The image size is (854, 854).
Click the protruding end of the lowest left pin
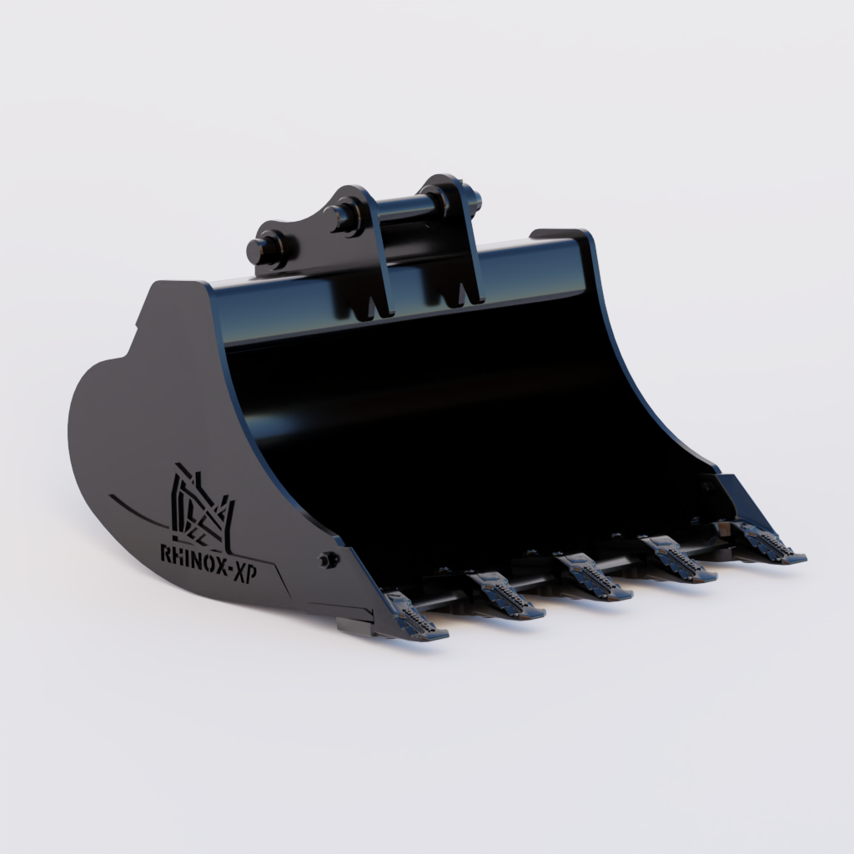click(x=258, y=249)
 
